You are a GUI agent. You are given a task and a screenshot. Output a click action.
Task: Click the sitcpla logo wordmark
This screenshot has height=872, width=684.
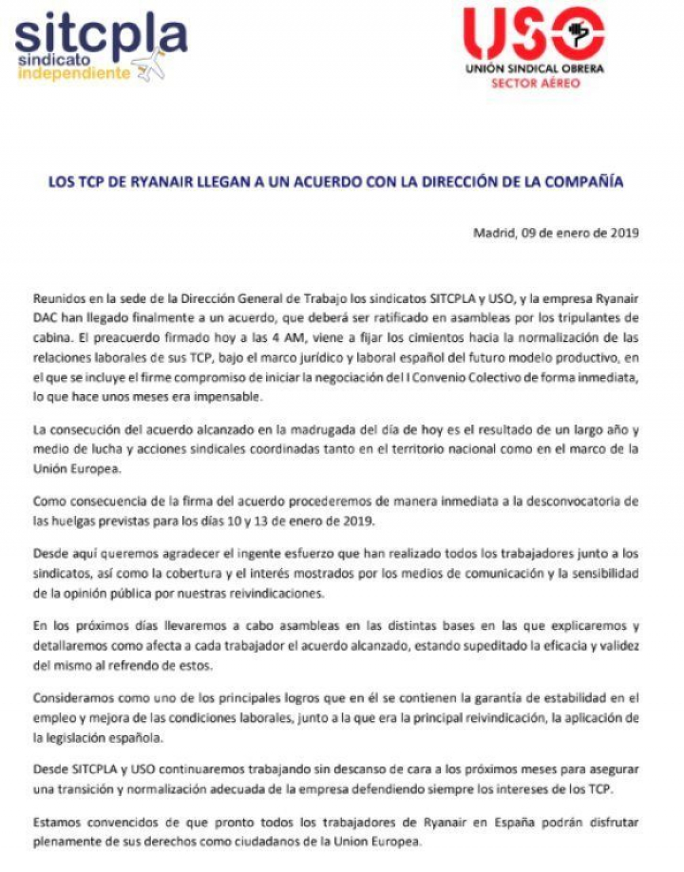[x=100, y=35]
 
